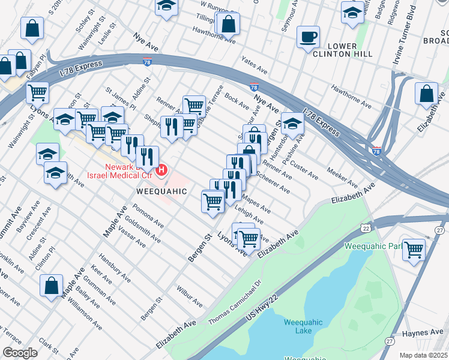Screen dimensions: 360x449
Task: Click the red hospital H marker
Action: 161,172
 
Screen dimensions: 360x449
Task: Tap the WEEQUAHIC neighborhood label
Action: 161,191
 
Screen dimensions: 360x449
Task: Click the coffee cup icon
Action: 309,37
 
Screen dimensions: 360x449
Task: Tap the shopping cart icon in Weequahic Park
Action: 414,249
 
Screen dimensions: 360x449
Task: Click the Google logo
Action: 20,353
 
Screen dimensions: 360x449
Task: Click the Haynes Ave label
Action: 423,332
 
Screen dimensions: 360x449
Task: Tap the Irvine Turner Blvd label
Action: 403,29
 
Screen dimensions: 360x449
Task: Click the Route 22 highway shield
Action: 366,229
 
